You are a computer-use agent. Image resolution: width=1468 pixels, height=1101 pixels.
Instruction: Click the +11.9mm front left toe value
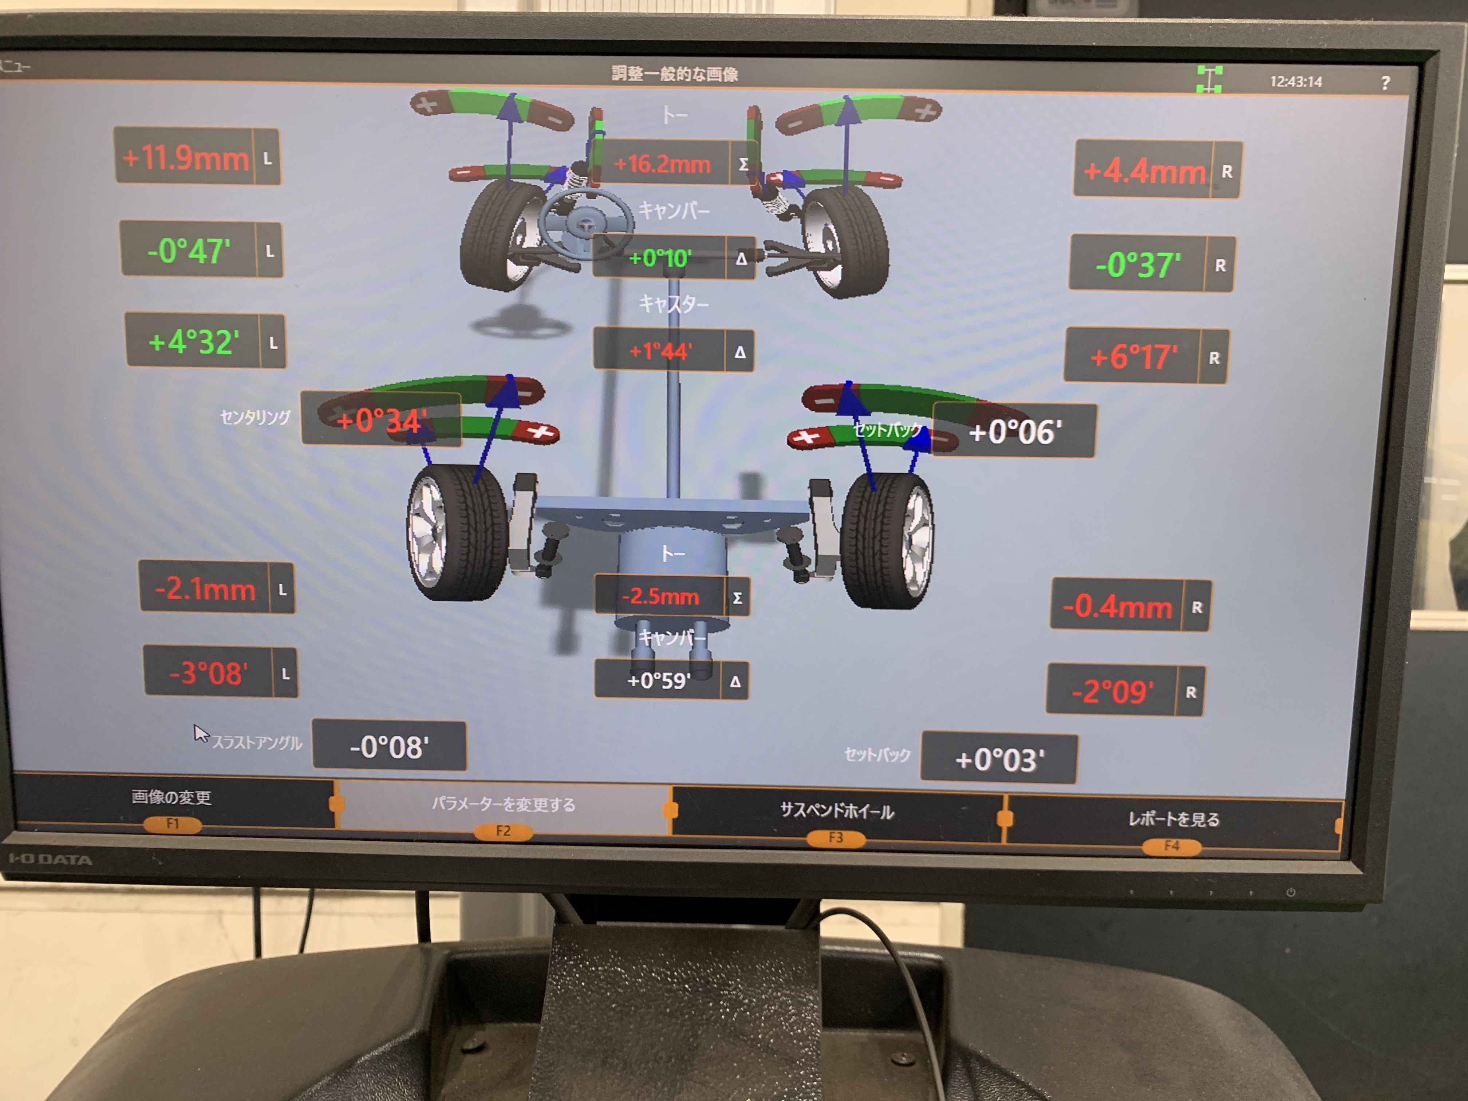(186, 158)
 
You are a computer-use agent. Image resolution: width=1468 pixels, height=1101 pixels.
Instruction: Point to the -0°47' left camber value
(189, 251)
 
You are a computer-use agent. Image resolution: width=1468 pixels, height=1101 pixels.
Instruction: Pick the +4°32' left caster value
(193, 342)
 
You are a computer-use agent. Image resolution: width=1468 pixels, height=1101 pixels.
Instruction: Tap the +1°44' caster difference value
(661, 350)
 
